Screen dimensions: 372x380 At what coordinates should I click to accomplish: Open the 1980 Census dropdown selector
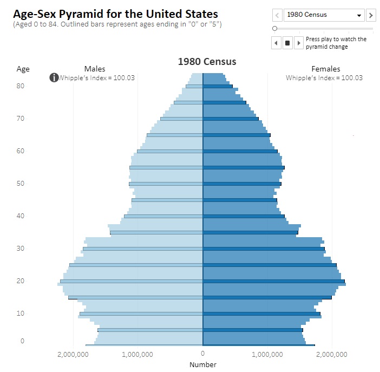click(x=323, y=15)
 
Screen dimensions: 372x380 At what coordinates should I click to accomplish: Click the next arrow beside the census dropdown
click(x=371, y=15)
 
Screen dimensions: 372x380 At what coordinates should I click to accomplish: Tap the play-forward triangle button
click(x=298, y=43)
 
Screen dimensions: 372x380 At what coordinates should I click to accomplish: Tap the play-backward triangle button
click(x=276, y=43)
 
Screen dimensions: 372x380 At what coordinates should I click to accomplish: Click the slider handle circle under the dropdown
click(x=275, y=28)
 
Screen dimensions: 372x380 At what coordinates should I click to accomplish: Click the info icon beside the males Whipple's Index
click(x=54, y=77)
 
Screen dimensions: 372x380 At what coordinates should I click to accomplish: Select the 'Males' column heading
click(x=95, y=69)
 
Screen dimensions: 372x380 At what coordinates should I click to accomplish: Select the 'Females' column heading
click(x=326, y=69)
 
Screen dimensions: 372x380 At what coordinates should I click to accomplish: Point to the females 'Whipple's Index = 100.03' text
click(x=324, y=78)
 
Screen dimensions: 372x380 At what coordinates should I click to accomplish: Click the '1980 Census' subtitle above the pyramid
click(x=207, y=62)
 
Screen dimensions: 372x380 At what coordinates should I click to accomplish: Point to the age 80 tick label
click(x=21, y=86)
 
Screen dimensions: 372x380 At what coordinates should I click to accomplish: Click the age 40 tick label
click(x=21, y=216)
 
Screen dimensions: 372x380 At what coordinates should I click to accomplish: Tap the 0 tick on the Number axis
click(x=203, y=354)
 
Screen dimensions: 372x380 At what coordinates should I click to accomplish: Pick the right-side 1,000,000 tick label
click(x=267, y=354)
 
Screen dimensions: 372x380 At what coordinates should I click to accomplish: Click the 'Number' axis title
click(x=203, y=364)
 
